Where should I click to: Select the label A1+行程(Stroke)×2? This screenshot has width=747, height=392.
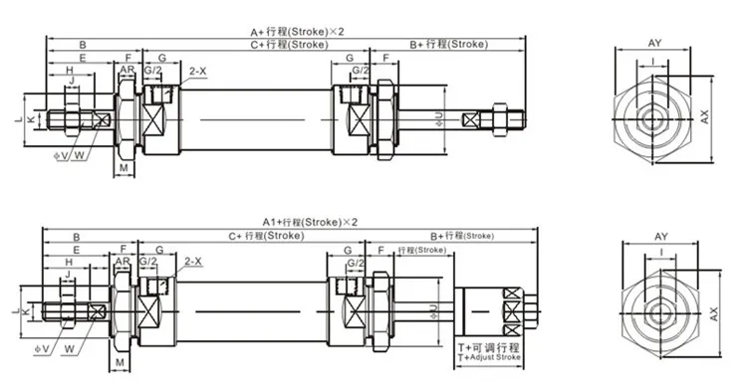pyautogui.click(x=310, y=221)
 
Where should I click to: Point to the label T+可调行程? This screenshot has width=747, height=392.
pyautogui.click(x=487, y=346)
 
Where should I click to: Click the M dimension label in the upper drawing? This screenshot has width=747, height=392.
pyautogui.click(x=122, y=168)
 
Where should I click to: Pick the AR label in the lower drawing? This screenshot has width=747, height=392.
pyautogui.click(x=122, y=262)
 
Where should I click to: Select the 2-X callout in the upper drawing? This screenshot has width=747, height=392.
pyautogui.click(x=197, y=71)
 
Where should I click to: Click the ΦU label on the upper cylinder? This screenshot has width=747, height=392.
pyautogui.click(x=440, y=119)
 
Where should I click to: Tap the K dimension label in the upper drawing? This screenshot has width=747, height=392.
pyautogui.click(x=30, y=120)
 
